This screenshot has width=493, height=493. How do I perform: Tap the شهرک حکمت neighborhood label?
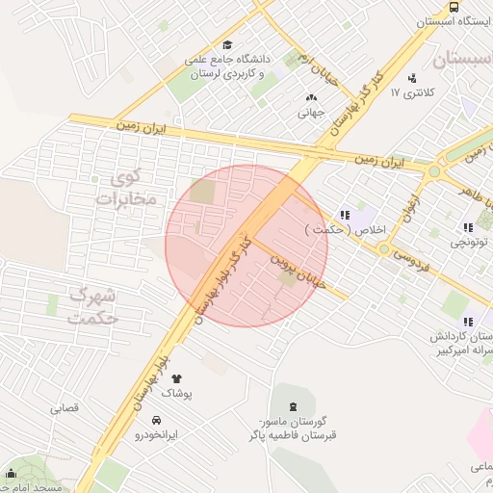tap(94, 305)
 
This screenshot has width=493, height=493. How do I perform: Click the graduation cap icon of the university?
tap(227, 44)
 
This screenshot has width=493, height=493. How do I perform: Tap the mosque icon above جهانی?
tap(310, 97)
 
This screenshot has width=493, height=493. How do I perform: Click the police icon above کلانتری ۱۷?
tap(413, 77)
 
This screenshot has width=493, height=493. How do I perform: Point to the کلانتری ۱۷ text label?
tap(413, 93)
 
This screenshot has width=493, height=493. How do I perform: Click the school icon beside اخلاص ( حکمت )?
tap(344, 215)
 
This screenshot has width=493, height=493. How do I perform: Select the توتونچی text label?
tap(470, 244)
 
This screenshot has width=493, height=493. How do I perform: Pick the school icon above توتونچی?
tap(468, 227)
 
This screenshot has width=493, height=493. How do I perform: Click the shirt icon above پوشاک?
tap(175, 378)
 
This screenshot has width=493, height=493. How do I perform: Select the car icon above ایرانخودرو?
tap(156, 420)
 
